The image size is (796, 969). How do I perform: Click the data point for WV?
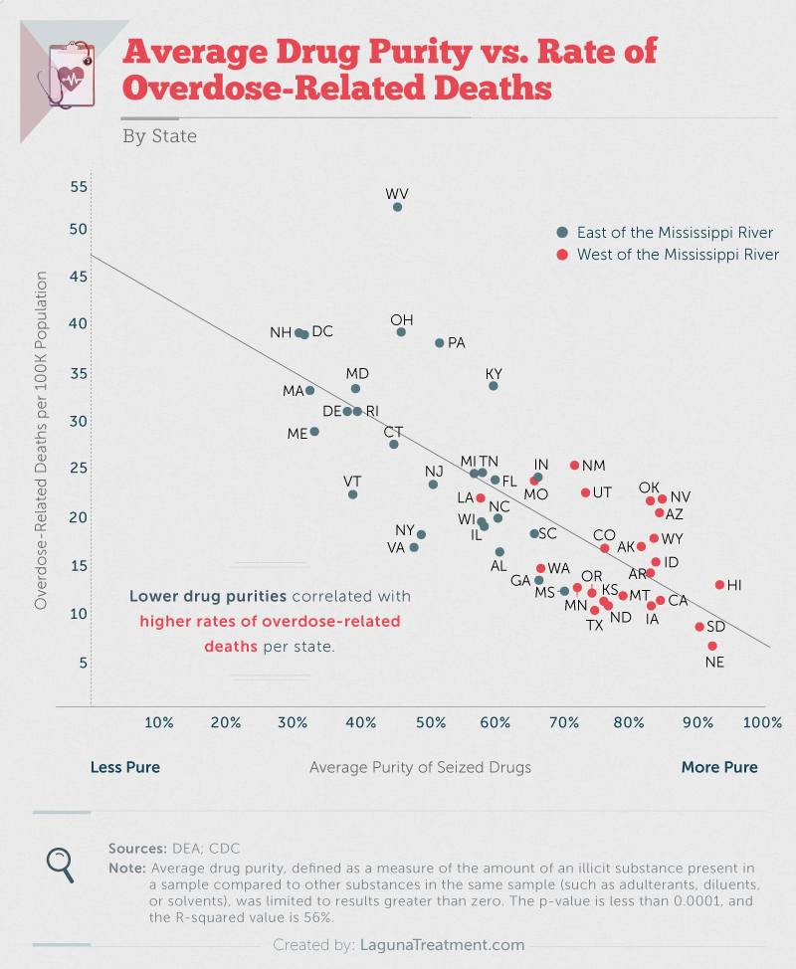[397, 207]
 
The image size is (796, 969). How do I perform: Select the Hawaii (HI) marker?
[719, 585]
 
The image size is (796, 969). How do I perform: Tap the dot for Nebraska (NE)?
[712, 647]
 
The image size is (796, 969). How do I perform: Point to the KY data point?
[493, 386]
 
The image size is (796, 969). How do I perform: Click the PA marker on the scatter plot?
[439, 343]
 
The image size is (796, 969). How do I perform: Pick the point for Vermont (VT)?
[352, 494]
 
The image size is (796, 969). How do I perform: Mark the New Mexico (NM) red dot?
[574, 466]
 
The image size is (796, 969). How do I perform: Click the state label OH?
[402, 319]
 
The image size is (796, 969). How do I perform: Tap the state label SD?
[715, 627]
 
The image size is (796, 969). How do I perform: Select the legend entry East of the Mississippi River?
[664, 233]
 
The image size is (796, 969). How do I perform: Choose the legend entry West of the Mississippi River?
[666, 255]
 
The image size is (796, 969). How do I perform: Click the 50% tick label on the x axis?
[430, 721]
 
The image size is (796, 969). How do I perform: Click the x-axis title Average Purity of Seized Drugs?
[420, 767]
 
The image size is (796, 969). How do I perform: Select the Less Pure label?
[125, 767]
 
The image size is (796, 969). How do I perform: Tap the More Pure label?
[719, 767]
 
